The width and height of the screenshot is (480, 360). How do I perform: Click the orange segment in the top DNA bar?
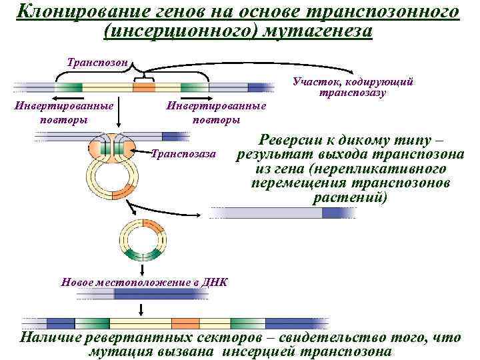[143, 87]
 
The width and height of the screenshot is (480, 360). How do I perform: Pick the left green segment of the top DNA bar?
[68, 87]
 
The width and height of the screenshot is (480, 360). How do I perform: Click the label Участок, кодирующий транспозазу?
[353, 87]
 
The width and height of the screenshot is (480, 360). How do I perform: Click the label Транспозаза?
[184, 154]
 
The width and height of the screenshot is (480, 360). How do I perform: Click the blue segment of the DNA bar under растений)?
[339, 213]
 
